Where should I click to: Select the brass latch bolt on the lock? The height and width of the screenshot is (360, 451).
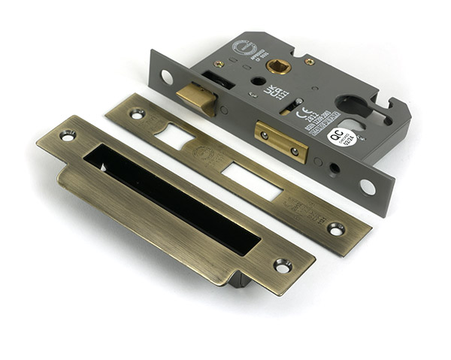pyautogui.click(x=197, y=98)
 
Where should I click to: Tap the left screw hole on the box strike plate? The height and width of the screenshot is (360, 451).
pyautogui.click(x=68, y=135)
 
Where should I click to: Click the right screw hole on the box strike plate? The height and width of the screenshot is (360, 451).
pyautogui.click(x=283, y=265)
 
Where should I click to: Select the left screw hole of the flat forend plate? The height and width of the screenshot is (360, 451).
pyautogui.click(x=136, y=113)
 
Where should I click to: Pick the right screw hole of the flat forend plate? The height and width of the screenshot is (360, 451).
pyautogui.click(x=335, y=228)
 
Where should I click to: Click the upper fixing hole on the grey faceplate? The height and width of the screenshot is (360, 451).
pyautogui.click(x=166, y=76)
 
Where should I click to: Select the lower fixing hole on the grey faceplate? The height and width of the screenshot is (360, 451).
pyautogui.click(x=368, y=186)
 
